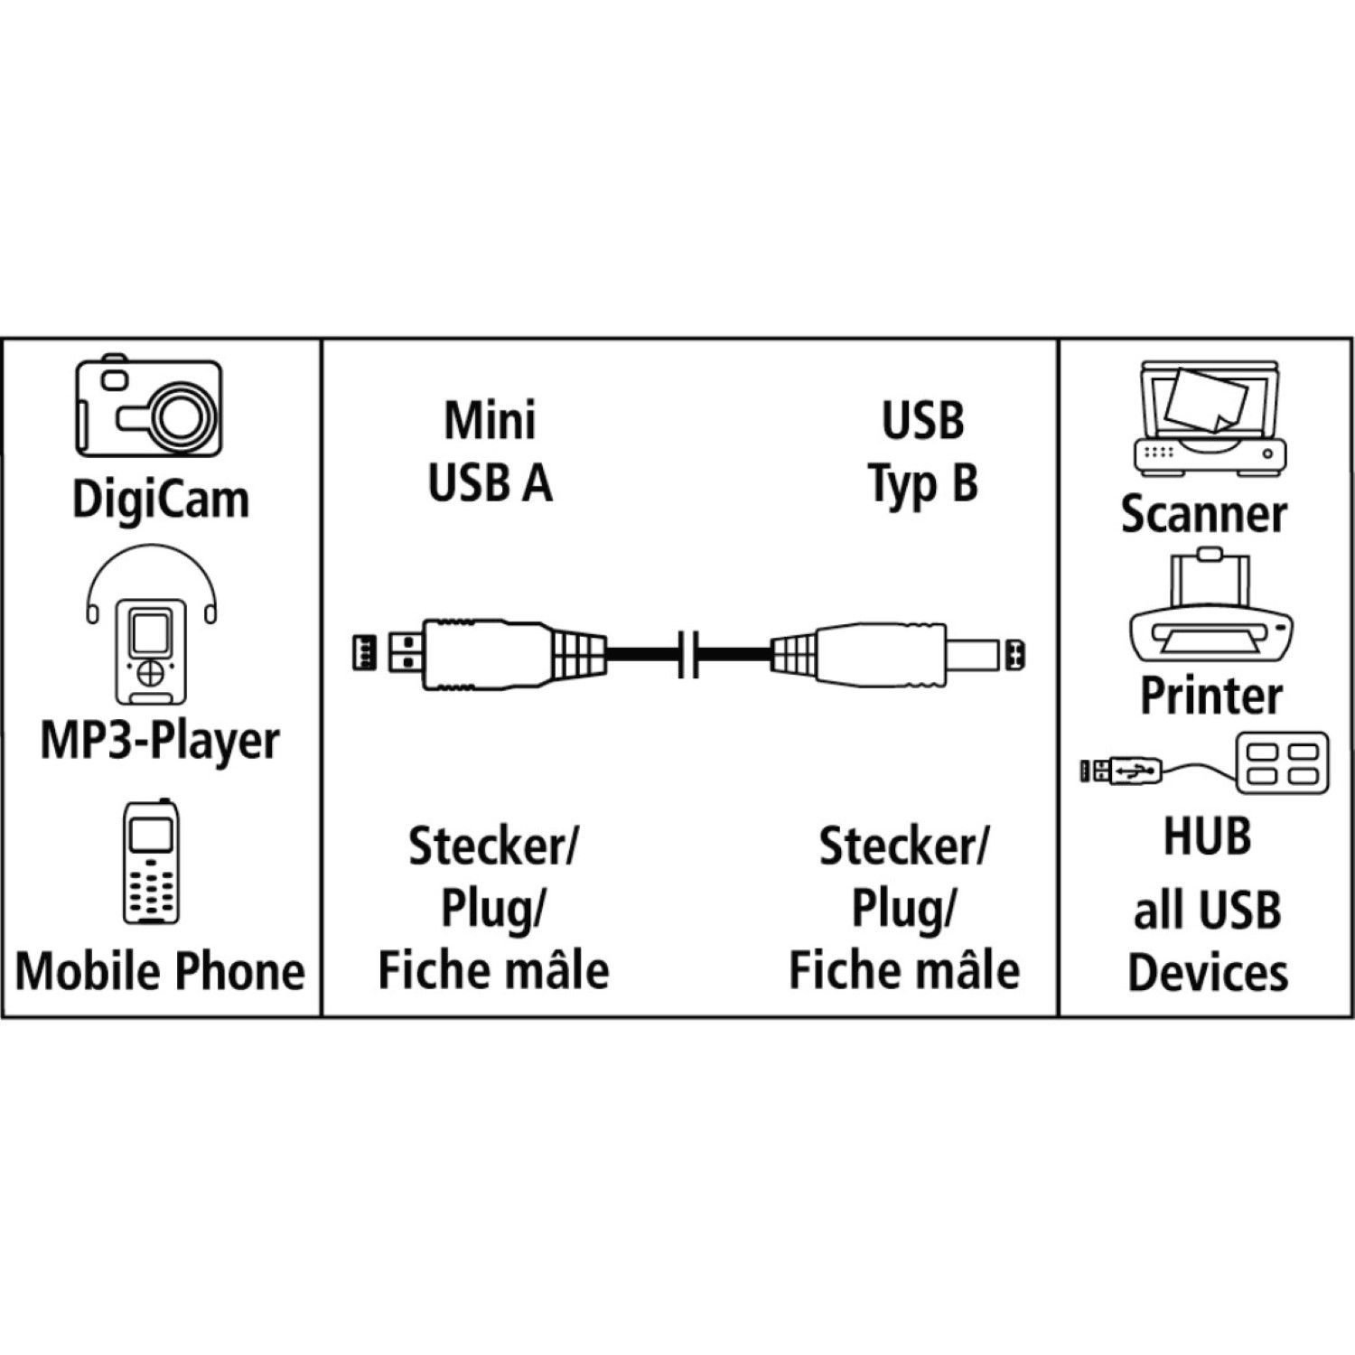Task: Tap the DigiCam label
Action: pos(160,500)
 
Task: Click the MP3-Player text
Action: pos(159,741)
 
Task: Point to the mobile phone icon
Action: pos(149,863)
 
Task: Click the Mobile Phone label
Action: pos(160,971)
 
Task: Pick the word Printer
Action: pos(1210,695)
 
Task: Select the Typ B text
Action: pos(923,483)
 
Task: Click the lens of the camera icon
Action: pos(186,414)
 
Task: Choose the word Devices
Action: pos(1208,973)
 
